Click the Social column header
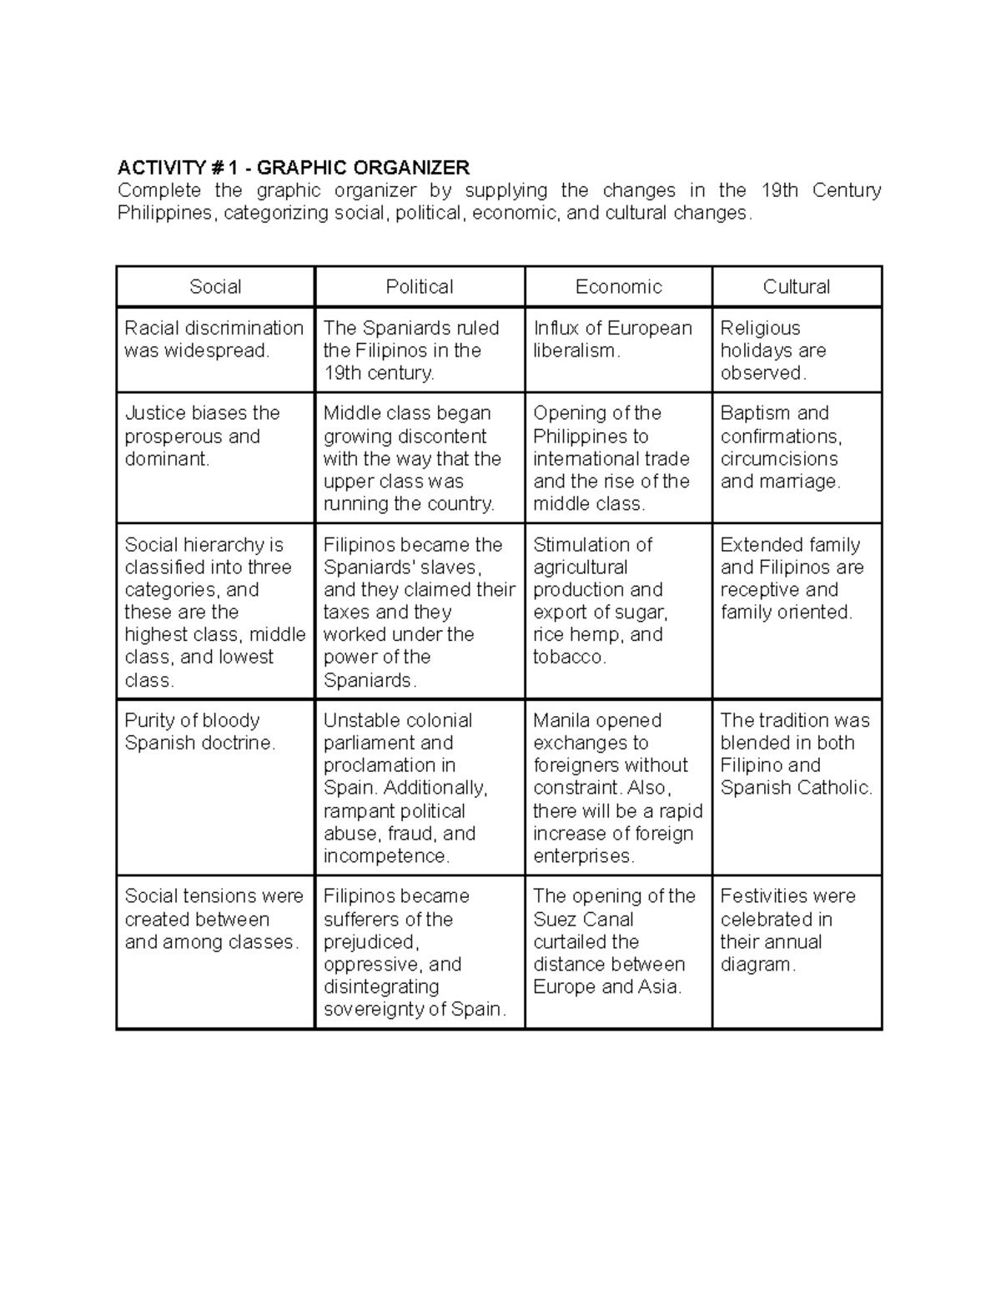click(x=215, y=287)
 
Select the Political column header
click(x=419, y=287)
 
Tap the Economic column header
click(x=618, y=287)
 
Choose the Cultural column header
click(x=797, y=287)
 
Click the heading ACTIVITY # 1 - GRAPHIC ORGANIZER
click(x=294, y=168)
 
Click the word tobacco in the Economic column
click(x=569, y=658)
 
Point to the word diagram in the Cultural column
click(x=757, y=965)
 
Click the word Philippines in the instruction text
click(x=165, y=214)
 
